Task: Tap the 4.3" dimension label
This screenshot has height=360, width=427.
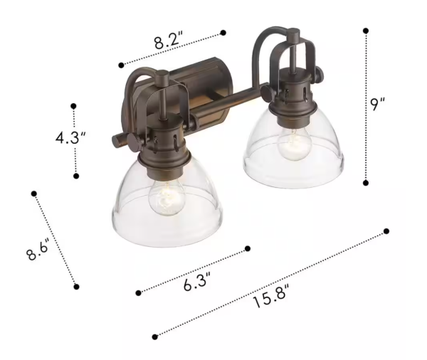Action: click(x=70, y=138)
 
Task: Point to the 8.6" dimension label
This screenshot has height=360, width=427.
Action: click(x=38, y=250)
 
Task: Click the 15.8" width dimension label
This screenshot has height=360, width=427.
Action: click(x=270, y=296)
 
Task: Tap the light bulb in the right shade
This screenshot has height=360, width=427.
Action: click(x=295, y=144)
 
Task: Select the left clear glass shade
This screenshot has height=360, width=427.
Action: click(x=167, y=207)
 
